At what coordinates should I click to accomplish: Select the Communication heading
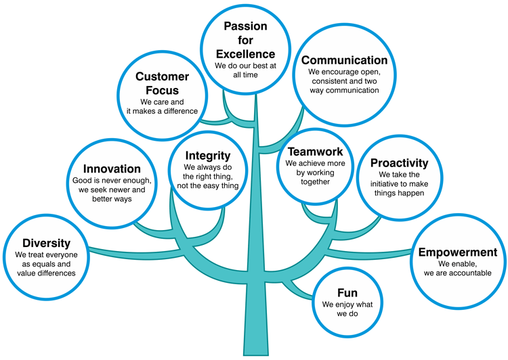(x=344, y=60)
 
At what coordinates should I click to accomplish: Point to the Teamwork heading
(x=315, y=152)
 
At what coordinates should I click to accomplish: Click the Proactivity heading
(x=400, y=163)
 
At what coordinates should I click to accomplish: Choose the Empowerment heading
(x=458, y=252)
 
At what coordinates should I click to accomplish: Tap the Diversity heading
(x=46, y=243)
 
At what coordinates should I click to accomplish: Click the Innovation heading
(x=112, y=168)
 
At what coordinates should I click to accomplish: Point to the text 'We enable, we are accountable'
(x=458, y=268)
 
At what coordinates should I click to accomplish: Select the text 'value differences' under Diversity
(x=45, y=273)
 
